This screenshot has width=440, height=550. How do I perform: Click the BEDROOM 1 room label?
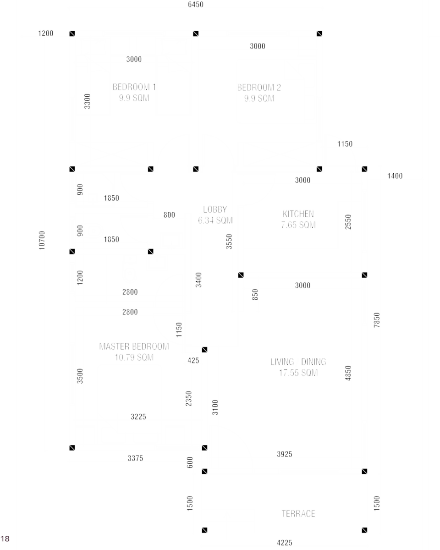[x=134, y=87]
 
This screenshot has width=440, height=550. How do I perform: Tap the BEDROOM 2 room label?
[x=259, y=88]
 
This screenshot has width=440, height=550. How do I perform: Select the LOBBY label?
[x=215, y=209]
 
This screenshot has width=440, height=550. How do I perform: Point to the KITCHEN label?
[x=298, y=214]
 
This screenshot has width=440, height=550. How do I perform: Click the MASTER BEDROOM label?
[x=134, y=346]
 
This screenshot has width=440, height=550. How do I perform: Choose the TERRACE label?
[x=298, y=514]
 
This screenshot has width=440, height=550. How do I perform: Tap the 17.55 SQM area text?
[x=298, y=373]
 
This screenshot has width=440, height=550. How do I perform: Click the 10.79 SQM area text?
[x=134, y=357]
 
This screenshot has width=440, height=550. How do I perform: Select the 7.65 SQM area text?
[x=298, y=225]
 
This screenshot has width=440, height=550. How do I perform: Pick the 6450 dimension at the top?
[x=196, y=5]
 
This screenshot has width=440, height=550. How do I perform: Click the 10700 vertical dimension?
[x=42, y=241]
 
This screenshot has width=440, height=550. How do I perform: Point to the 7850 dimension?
[x=377, y=320]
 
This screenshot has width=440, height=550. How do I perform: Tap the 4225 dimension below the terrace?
[x=285, y=543]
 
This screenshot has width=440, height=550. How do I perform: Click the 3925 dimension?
[x=285, y=454]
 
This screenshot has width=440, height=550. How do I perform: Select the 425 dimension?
[x=193, y=361]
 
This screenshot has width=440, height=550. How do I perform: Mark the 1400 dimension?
[x=395, y=176]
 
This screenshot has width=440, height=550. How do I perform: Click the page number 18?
[x=5, y=539]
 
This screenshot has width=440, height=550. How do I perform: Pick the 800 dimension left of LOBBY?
[x=169, y=215]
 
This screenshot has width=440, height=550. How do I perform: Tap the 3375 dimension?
[x=136, y=458]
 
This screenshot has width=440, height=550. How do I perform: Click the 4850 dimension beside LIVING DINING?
[x=348, y=373]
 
